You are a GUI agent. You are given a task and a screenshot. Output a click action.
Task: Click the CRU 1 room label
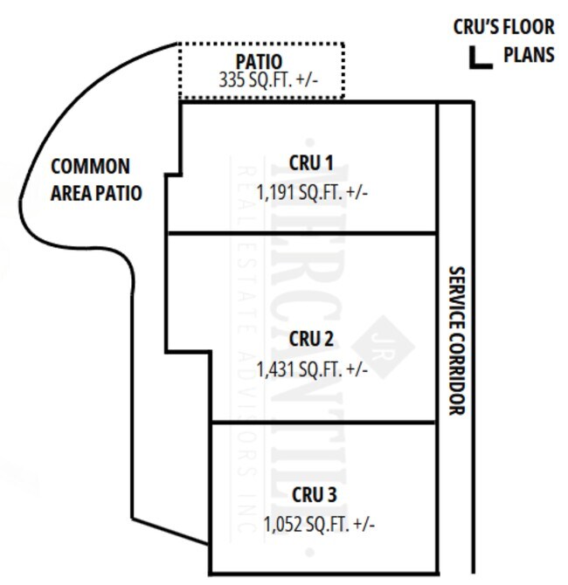pos(311,164)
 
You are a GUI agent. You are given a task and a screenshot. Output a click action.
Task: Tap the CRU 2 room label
pos(312,339)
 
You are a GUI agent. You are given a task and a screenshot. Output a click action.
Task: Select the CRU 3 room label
pos(314,495)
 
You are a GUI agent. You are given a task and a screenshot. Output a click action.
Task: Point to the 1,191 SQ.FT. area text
pos(312,190)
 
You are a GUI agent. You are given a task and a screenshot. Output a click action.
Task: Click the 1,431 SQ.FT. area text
pos(312,368)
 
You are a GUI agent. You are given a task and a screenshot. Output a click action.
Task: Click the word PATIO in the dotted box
pos(259,62)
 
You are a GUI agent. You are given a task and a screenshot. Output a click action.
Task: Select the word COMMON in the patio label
pos(90,166)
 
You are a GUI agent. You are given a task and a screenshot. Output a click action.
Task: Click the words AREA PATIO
pos(95,192)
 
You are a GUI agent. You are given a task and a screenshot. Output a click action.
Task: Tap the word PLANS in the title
pos(528,54)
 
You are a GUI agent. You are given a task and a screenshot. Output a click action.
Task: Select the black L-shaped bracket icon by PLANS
pos(478,58)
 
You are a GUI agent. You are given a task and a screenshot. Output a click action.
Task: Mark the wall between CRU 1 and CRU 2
pos(302,232)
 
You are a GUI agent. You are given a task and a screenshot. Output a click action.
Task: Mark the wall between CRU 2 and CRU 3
pos(323,423)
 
